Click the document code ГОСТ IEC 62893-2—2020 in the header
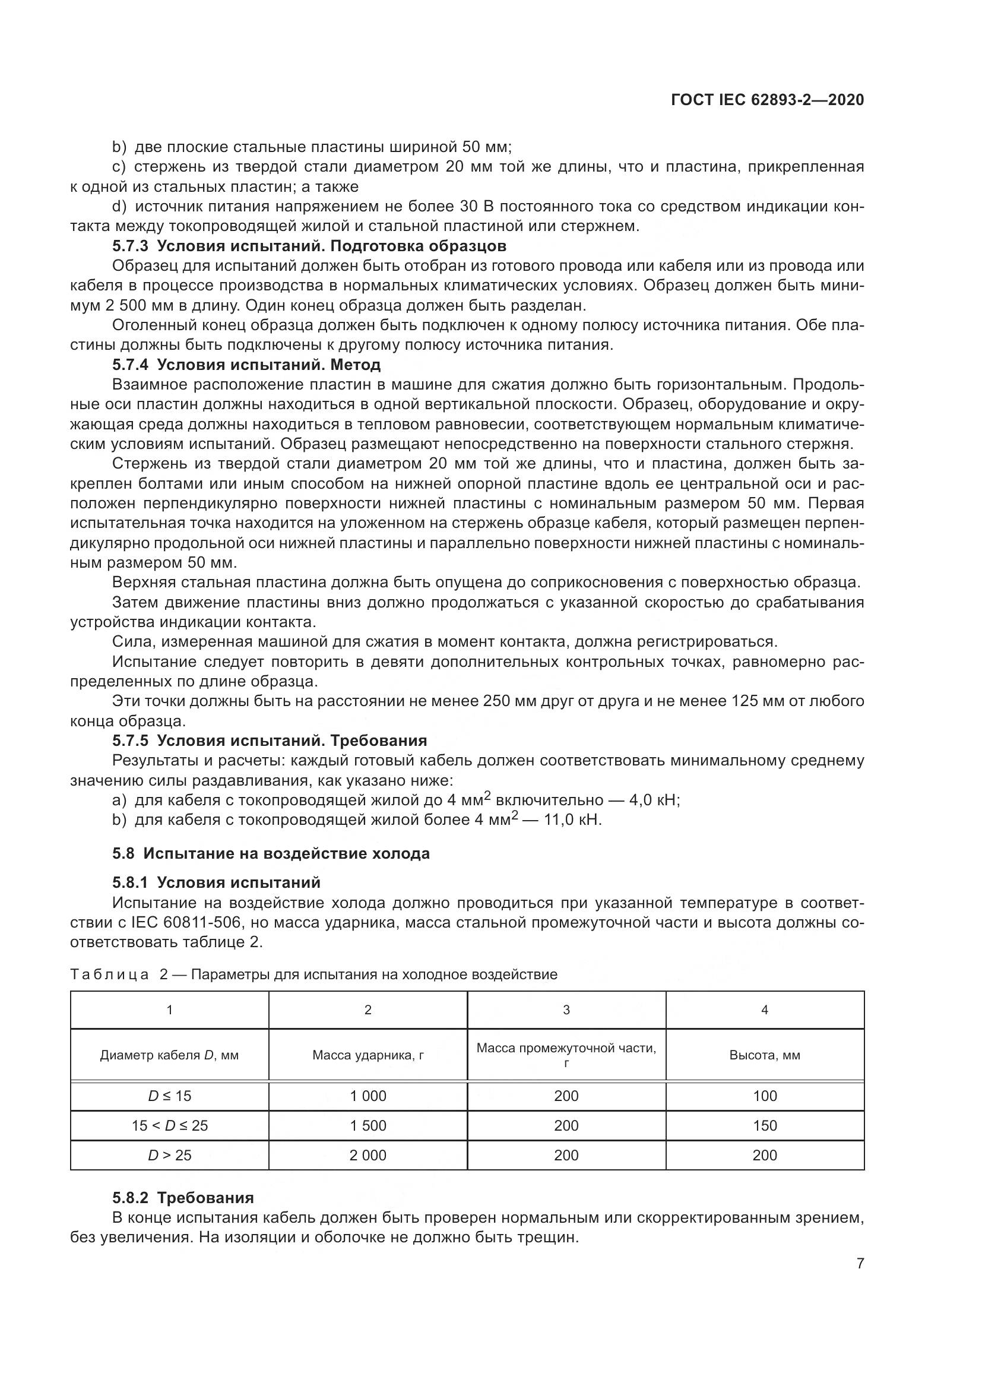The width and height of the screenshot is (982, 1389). click(766, 100)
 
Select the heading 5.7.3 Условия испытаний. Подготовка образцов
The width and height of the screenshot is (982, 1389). click(309, 246)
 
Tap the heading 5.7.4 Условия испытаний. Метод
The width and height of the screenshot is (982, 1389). click(246, 365)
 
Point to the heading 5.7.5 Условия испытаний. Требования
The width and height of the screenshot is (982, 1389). click(270, 741)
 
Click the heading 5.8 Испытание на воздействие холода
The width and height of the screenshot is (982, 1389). click(271, 853)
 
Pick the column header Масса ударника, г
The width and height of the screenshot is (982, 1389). click(368, 1055)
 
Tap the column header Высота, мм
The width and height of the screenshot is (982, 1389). click(764, 1055)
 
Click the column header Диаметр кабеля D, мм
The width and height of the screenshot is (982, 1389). click(169, 1055)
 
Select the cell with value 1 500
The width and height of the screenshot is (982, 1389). click(368, 1126)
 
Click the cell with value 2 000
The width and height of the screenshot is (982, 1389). click(368, 1155)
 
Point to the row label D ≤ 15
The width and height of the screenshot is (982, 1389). click(169, 1096)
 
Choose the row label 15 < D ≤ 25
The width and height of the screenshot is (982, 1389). click(169, 1126)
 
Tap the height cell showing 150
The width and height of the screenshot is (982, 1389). click(764, 1126)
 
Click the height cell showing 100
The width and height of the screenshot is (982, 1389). click(764, 1096)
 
